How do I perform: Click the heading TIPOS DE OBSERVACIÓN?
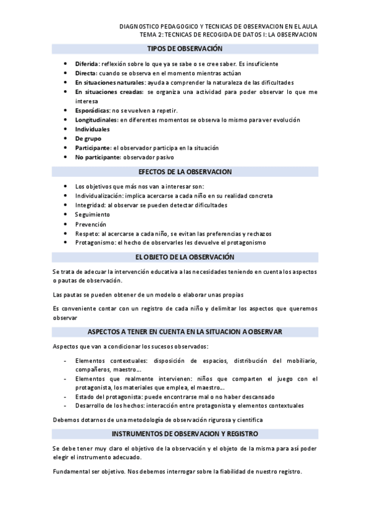[185, 48]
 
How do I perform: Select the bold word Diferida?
[86, 64]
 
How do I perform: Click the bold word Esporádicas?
[92, 110]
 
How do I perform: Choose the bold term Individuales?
[92, 129]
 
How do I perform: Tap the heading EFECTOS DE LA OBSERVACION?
[185, 172]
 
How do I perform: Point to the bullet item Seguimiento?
[93, 214]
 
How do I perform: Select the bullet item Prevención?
[91, 224]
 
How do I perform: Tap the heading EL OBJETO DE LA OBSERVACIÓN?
[185, 256]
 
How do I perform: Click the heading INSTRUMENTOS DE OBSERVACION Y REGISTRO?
[185, 434]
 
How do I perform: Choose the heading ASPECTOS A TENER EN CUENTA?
[185, 332]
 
